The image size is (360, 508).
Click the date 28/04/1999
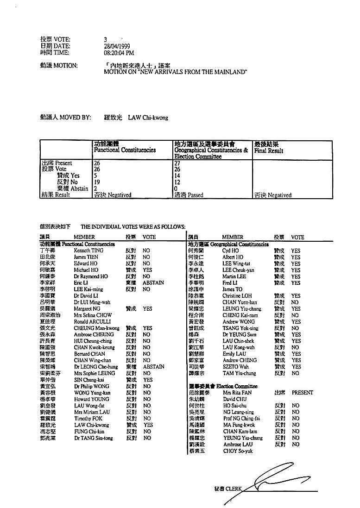(x=117, y=46)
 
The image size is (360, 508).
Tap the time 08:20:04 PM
(x=119, y=52)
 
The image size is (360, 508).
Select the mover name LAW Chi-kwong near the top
(x=148, y=118)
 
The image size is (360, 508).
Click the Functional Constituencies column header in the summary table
(x=125, y=150)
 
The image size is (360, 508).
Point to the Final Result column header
(x=269, y=151)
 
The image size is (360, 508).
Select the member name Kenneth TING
(x=88, y=250)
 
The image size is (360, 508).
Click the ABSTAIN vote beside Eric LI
(x=153, y=282)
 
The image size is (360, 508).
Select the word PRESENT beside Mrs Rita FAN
(x=302, y=392)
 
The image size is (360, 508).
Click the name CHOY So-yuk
(x=237, y=451)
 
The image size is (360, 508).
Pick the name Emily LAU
(x=234, y=354)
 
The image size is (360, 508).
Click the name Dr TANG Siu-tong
(x=93, y=438)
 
